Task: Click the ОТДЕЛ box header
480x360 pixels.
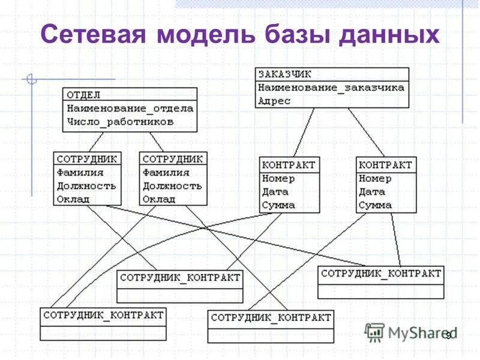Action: click(83, 95)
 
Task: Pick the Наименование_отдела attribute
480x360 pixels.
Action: click(130, 109)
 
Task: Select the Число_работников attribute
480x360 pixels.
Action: click(120, 122)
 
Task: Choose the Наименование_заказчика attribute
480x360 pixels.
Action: click(331, 88)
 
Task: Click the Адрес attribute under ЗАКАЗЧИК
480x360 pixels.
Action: click(274, 101)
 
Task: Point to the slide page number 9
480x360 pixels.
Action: click(448, 335)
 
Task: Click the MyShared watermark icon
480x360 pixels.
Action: click(374, 332)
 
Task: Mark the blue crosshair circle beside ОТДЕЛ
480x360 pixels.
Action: click(32, 79)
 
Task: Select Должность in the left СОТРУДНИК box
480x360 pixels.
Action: click(86, 186)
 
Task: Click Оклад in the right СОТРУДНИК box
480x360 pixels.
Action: click(158, 199)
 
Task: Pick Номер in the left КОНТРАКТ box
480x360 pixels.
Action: click(278, 178)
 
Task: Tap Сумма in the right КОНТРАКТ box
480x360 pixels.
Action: click(375, 205)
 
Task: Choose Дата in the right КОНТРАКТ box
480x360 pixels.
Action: click(372, 192)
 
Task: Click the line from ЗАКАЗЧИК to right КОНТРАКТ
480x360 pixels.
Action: click(366, 132)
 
